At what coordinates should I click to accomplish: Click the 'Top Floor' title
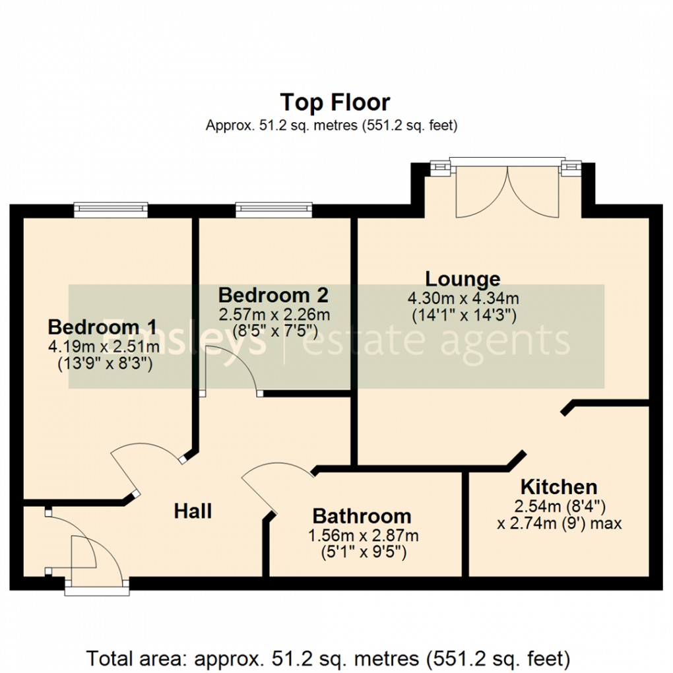pos(335,103)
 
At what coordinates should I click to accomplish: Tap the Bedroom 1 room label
pos(102,327)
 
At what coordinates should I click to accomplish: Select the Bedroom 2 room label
pos(273,294)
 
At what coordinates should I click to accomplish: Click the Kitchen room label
pos(559,488)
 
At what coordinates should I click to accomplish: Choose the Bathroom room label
pos(362,516)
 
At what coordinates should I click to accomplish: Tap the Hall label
pos(193,511)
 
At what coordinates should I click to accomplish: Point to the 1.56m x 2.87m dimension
pos(362,535)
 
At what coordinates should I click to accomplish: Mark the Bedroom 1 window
pos(110,210)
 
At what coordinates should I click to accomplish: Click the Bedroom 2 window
pos(274,210)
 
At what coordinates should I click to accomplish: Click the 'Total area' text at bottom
pos(327,658)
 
